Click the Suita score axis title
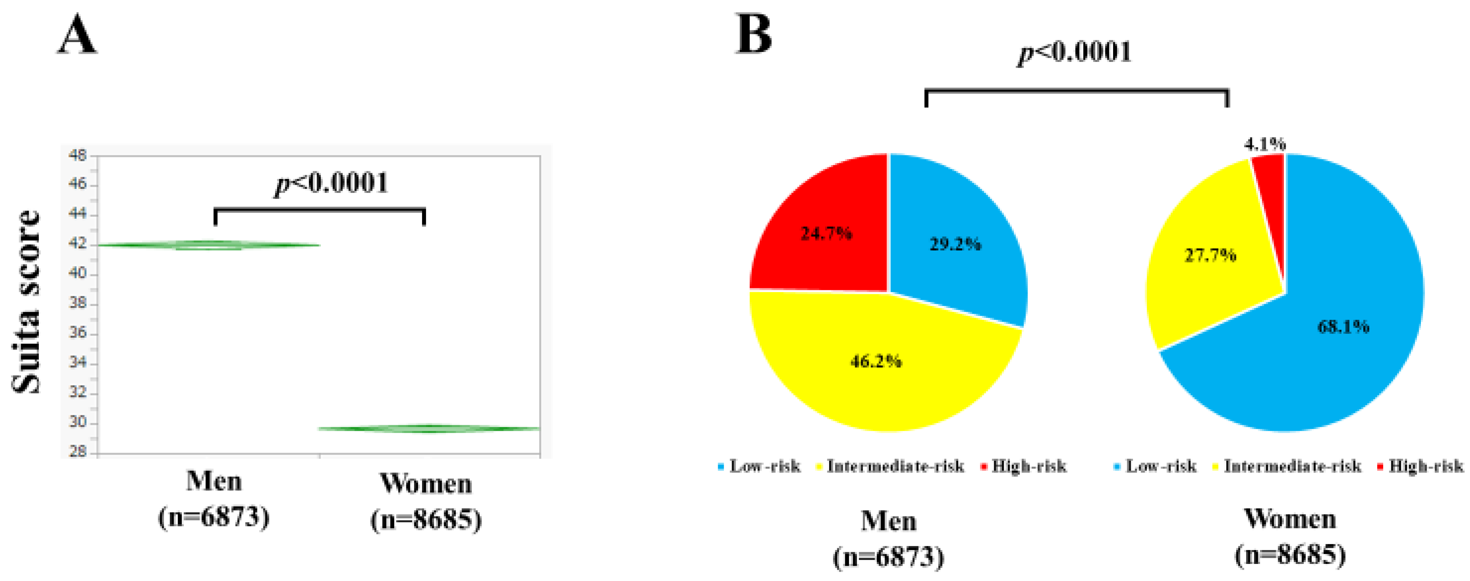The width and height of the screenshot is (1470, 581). click(x=27, y=302)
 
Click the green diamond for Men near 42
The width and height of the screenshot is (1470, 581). click(x=208, y=245)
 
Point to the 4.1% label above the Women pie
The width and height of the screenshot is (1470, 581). click(x=1265, y=144)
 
